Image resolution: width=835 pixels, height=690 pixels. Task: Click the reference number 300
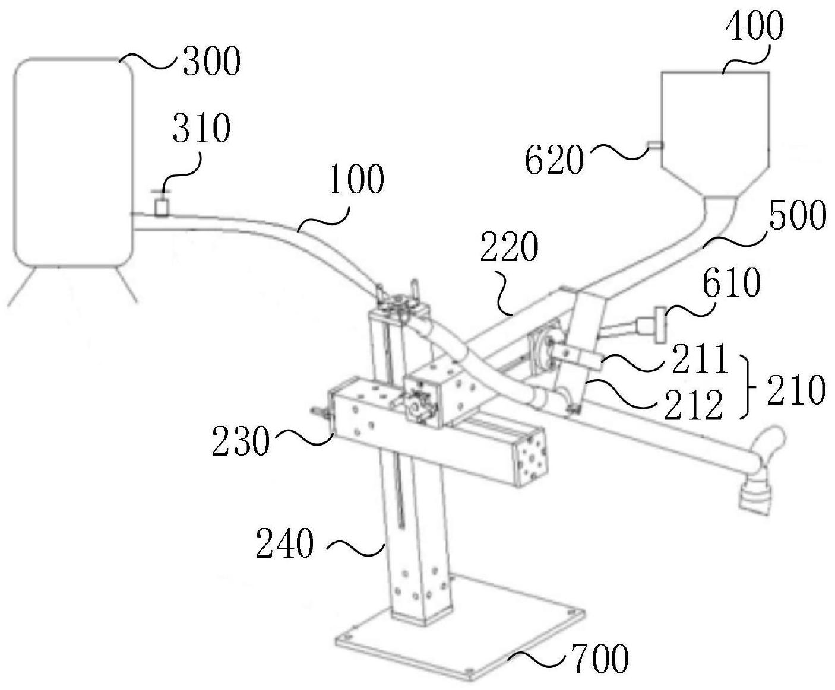click(212, 61)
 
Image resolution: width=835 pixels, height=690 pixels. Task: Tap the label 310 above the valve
click(201, 128)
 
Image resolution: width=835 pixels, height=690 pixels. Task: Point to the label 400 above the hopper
click(755, 26)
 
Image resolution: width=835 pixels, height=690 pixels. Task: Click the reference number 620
click(554, 160)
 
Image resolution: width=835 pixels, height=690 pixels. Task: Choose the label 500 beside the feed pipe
click(798, 215)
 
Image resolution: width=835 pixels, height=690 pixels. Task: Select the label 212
click(693, 404)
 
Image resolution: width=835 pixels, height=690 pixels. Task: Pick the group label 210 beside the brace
click(796, 389)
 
